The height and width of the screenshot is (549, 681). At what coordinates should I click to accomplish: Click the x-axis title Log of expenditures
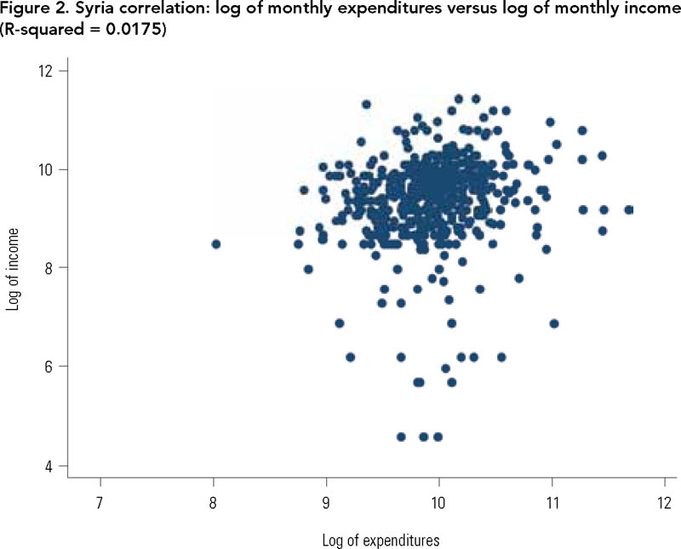(x=381, y=540)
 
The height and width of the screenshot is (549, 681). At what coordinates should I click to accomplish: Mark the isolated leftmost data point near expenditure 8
(x=216, y=244)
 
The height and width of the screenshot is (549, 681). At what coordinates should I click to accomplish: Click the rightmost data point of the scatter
(x=629, y=209)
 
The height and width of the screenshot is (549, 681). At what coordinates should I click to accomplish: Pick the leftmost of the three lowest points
(x=401, y=437)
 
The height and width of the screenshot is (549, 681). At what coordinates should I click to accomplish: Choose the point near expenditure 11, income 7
(x=554, y=323)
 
